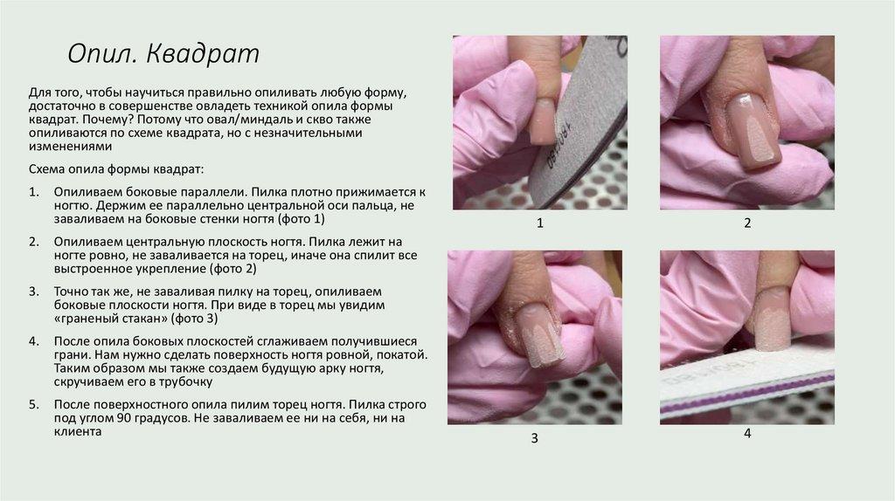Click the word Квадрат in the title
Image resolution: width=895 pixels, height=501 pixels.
(203, 53)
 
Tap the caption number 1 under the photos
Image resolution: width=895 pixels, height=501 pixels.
(540, 223)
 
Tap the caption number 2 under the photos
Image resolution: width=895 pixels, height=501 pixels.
(747, 223)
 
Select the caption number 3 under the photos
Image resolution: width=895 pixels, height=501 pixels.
(534, 438)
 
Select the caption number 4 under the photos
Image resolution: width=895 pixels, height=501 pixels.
(747, 434)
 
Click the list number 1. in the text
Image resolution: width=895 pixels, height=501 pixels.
(34, 192)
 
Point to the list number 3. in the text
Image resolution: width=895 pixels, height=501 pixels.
(34, 292)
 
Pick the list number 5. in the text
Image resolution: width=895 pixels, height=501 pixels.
(34, 405)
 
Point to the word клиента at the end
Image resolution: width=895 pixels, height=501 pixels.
(78, 431)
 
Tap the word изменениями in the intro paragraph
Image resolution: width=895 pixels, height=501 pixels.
(70, 147)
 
